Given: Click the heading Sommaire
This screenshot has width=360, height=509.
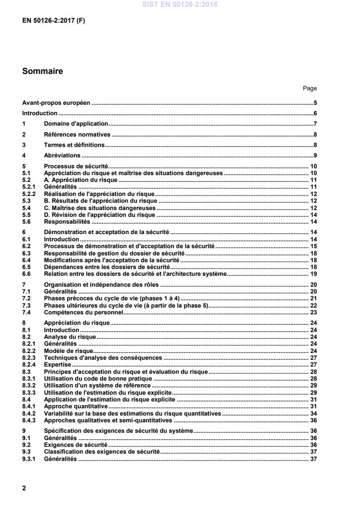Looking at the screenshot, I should (43, 71).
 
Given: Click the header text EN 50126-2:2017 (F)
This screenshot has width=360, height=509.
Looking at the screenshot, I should (53, 21).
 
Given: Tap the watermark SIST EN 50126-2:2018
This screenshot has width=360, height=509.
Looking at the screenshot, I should (179, 5).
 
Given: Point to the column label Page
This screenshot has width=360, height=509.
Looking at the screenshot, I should (310, 88).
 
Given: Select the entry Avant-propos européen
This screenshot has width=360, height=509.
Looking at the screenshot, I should (57, 103).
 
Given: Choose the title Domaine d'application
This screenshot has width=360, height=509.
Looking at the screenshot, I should (76, 124).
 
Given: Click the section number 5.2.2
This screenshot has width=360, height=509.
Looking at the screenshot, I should (30, 194).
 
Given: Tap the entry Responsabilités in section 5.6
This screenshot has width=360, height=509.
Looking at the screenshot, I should (67, 221).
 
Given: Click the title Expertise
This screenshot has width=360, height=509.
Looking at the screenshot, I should (58, 364).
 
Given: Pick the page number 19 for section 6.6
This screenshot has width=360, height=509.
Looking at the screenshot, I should (313, 274).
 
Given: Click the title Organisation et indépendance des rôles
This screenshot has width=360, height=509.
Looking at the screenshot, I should (102, 284).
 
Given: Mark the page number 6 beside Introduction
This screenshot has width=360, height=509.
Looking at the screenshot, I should (315, 113).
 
